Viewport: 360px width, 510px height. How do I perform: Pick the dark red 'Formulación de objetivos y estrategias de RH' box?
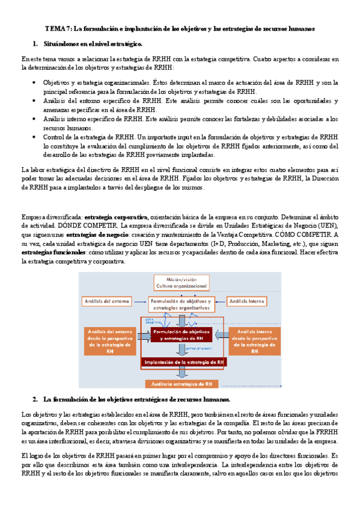(181, 335)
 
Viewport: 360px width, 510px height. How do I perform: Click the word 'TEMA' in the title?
(55, 29)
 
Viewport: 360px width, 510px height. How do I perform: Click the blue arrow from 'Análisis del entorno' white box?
(140, 300)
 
